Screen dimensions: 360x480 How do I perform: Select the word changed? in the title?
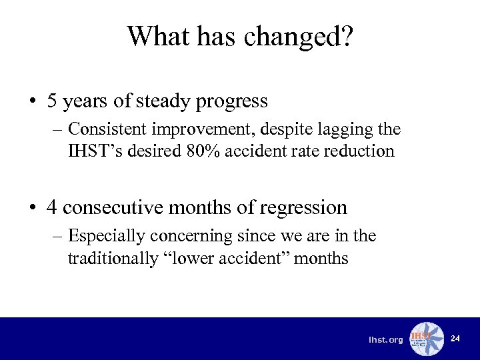pos(298,36)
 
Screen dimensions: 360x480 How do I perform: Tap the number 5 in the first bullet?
pos(52,101)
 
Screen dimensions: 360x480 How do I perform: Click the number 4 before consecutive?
pos(52,207)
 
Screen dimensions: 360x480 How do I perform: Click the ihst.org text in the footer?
pos(386,340)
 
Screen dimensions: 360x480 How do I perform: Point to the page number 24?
pos(455,339)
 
